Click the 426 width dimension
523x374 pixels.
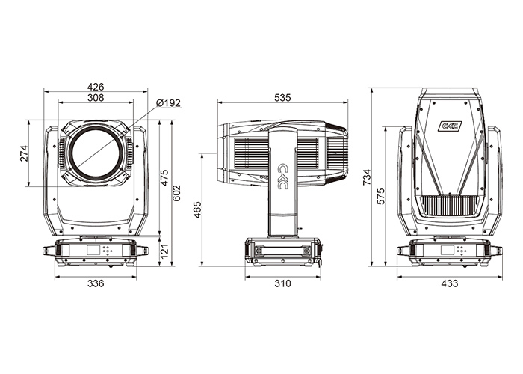coord(96,87)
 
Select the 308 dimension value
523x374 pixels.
coord(96,97)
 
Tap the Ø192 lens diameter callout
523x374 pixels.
coord(168,103)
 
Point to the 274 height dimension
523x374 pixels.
coord(25,153)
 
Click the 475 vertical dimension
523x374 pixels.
coord(165,178)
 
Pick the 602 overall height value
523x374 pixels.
coord(176,193)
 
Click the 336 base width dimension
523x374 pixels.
coord(96,283)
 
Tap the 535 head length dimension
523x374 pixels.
coord(282,97)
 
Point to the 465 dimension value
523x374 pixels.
coord(198,210)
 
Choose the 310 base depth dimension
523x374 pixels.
coord(282,283)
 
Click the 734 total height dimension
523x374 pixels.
coord(367,177)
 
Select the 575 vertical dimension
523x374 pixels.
coord(380,197)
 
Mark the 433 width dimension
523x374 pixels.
coord(449,283)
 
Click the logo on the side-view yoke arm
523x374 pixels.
coord(282,177)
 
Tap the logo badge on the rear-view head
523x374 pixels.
coord(450,126)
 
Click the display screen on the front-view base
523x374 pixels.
coord(93,250)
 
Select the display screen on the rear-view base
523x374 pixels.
coord(448,250)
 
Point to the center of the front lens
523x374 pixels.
coord(96,153)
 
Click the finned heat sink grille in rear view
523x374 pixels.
coord(450,206)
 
